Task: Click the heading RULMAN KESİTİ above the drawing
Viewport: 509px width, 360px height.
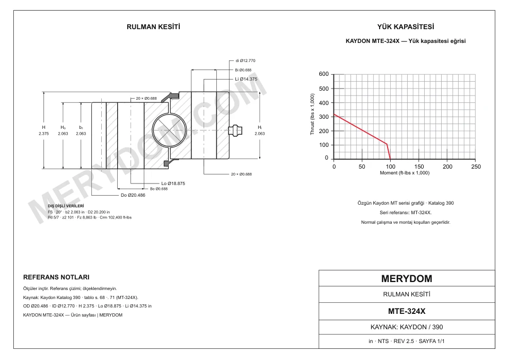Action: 153,27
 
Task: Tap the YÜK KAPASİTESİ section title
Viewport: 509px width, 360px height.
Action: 406,27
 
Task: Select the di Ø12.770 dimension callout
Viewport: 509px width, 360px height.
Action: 245,60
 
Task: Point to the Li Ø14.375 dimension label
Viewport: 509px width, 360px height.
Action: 246,79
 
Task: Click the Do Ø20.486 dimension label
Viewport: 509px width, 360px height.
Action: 133,195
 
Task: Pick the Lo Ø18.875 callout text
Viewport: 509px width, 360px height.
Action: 173,183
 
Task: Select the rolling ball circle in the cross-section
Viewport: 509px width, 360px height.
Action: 170,130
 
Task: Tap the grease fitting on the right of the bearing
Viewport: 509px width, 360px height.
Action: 235,130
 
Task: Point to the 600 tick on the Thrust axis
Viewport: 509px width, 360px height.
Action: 323,74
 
